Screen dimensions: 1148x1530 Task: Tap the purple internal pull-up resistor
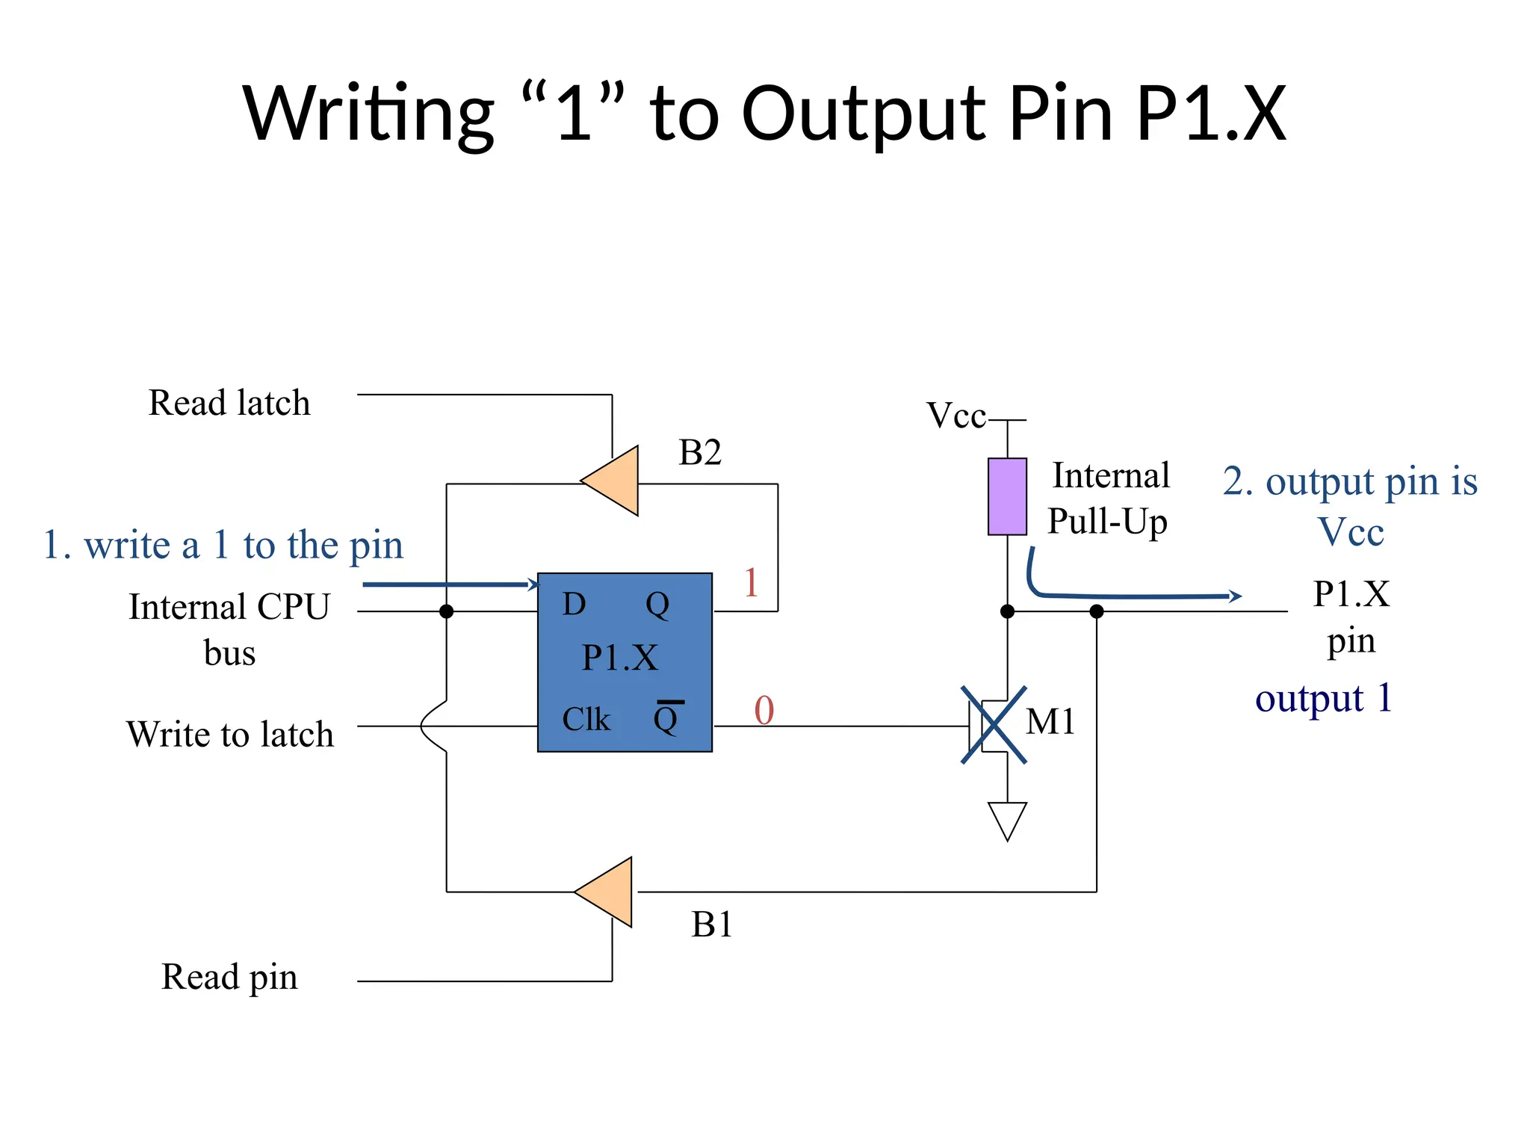[1006, 496]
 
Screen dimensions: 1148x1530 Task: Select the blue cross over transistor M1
[994, 724]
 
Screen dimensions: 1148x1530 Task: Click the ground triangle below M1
[1006, 819]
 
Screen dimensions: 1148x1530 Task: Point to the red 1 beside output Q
[751, 582]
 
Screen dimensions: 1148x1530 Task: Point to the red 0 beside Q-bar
[764, 710]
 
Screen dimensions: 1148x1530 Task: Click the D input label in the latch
[574, 604]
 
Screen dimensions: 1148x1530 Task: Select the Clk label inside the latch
[586, 719]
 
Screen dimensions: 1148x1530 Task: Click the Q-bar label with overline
[666, 717]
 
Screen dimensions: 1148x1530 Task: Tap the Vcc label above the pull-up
[956, 416]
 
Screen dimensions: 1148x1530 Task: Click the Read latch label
[229, 403]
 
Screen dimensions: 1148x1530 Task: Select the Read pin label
[229, 977]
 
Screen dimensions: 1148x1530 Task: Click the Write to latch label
[229, 734]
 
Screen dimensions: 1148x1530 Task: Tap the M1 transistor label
[1050, 722]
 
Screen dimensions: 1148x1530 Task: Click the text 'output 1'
[1323, 699]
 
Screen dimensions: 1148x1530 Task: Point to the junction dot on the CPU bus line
[446, 611]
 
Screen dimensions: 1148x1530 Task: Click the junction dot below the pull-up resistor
[1006, 611]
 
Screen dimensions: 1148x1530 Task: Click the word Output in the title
[864, 114]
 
